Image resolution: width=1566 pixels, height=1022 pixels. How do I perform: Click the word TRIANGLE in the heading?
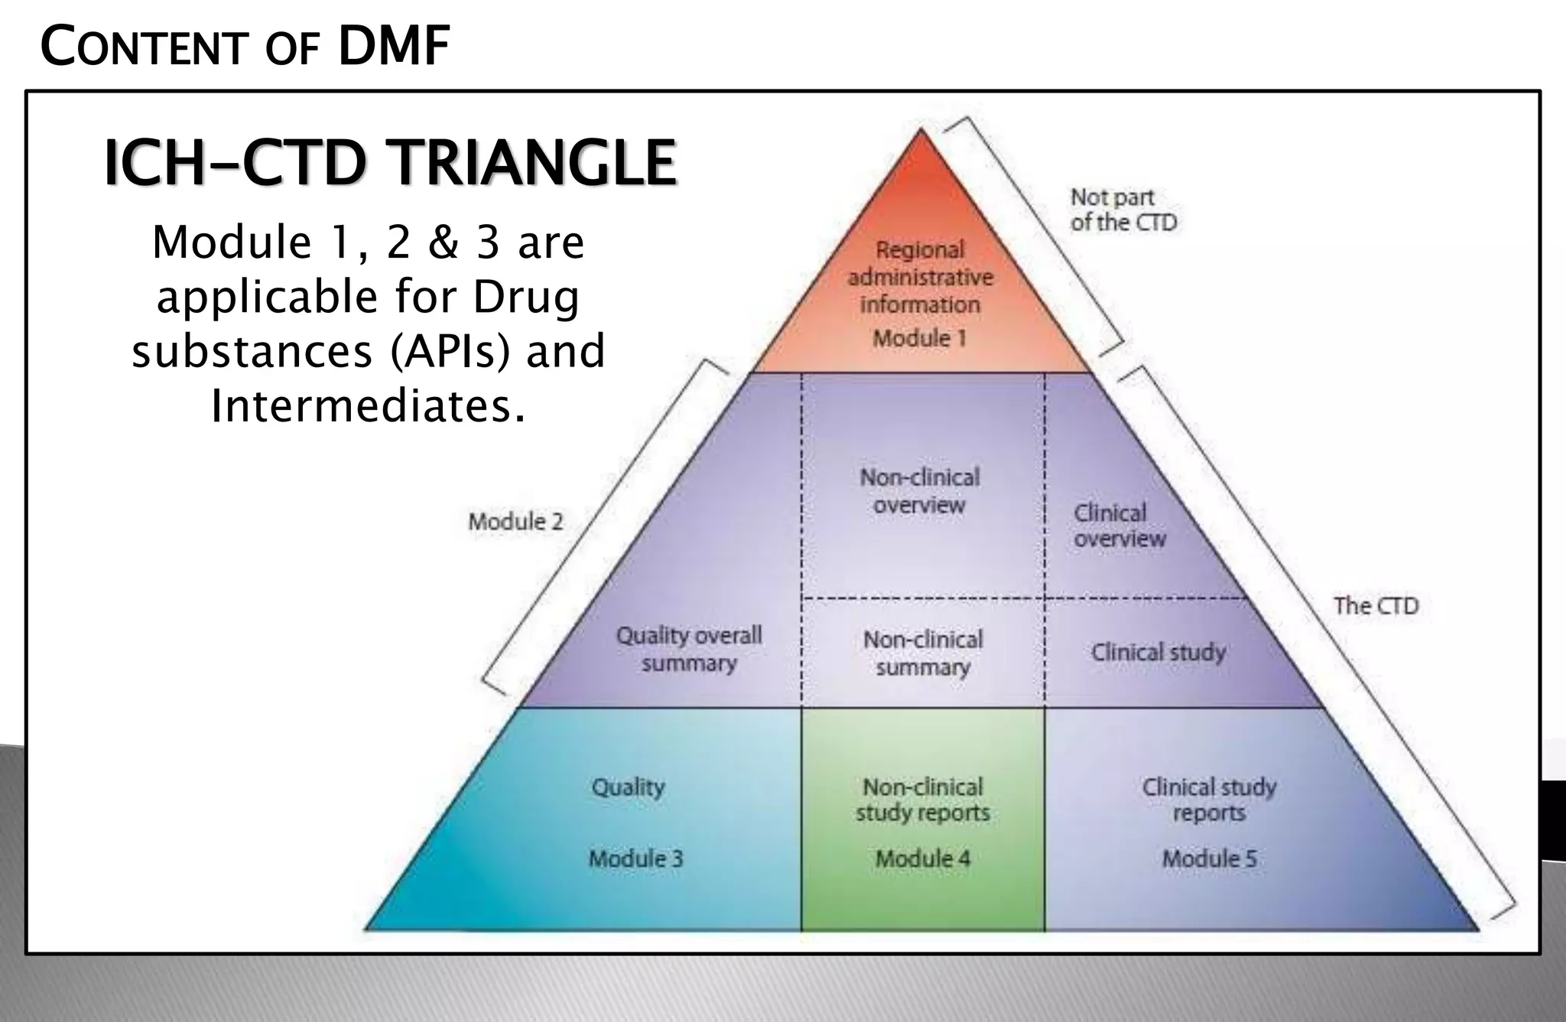[533, 163]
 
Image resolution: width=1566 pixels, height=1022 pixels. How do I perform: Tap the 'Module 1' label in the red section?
[920, 338]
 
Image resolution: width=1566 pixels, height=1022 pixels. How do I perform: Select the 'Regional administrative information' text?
[920, 277]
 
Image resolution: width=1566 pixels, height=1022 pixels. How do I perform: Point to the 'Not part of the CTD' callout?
[1123, 210]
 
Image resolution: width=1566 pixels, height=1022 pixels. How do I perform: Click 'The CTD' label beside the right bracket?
[1376, 606]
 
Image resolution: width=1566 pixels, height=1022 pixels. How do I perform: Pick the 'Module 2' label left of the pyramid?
[515, 522]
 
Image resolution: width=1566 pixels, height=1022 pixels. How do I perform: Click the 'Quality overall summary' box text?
[689, 649]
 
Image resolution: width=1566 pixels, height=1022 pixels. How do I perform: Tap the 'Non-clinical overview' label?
[920, 491]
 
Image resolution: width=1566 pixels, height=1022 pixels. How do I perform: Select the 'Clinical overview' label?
[1119, 526]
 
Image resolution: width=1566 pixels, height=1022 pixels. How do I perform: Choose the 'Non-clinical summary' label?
[923, 653]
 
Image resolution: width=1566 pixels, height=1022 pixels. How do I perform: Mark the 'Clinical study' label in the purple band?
[1158, 653]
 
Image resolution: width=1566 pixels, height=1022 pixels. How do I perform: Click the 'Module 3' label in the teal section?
[635, 858]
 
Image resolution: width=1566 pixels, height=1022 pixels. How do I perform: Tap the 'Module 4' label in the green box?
[923, 858]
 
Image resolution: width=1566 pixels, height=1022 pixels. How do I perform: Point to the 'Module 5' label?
[1209, 858]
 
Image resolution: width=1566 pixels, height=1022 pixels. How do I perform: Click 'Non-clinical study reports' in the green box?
[923, 799]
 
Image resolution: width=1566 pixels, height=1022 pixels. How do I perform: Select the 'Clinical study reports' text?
[1209, 799]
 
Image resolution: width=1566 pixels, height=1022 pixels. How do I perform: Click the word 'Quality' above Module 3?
[628, 787]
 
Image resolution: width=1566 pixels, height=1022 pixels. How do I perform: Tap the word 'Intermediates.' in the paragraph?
[368, 405]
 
